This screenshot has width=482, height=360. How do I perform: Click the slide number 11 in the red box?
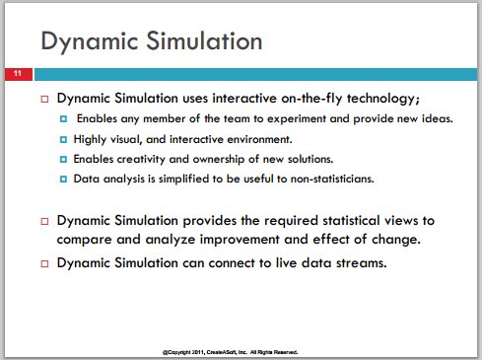pos(18,73)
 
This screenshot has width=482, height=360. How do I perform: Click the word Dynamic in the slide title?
pos(90,41)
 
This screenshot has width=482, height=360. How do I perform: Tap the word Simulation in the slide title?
pos(204,40)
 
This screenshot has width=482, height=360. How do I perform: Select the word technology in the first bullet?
pos(383,99)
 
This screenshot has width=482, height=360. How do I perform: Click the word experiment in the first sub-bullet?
pos(297,118)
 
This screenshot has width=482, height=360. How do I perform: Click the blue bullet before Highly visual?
pos(63,139)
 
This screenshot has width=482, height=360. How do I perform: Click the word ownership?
pos(219,159)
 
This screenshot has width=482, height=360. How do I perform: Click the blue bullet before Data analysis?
pos(63,179)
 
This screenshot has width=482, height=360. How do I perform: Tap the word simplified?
pos(184,179)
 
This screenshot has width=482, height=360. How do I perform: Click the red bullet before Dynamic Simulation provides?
pos(44,221)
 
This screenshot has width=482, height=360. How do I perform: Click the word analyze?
pos(171,240)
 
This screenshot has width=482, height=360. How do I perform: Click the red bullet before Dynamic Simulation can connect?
pos(44,263)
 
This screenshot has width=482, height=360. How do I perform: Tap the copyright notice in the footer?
pos(231,352)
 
